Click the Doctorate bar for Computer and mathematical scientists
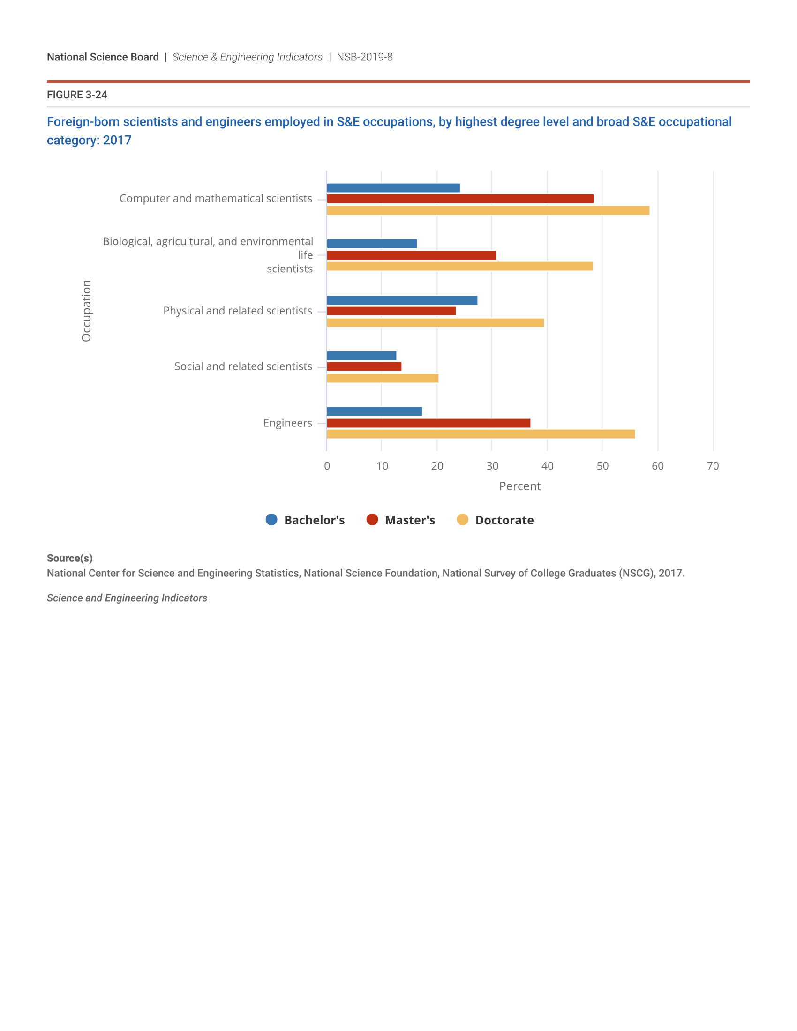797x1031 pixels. [x=488, y=210]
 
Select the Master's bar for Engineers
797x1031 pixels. [x=428, y=423]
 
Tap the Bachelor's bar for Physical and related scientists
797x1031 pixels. [x=402, y=300]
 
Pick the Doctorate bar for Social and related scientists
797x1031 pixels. [x=383, y=378]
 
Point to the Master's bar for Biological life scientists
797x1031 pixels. [x=411, y=255]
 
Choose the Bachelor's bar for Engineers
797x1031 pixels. [x=375, y=411]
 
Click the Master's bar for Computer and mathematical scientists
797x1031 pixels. [x=460, y=199]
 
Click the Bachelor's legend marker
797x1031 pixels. [x=271, y=520]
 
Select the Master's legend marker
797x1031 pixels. [x=372, y=520]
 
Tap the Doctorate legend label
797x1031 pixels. [x=504, y=520]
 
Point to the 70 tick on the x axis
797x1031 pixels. [x=713, y=466]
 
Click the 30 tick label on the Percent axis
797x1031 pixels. [x=492, y=466]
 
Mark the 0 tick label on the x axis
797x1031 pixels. [x=327, y=466]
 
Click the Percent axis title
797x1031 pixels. [x=520, y=486]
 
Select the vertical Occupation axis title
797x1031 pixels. [x=86, y=311]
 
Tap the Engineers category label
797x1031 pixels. [x=287, y=423]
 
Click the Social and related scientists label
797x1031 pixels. [x=243, y=366]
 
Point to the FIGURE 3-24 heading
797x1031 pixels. [x=77, y=95]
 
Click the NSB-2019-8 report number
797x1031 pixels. [x=364, y=57]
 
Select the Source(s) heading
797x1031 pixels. [x=69, y=558]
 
